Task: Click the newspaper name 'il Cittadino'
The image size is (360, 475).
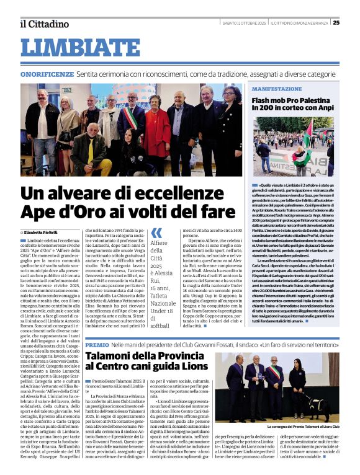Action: (x=43, y=24)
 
